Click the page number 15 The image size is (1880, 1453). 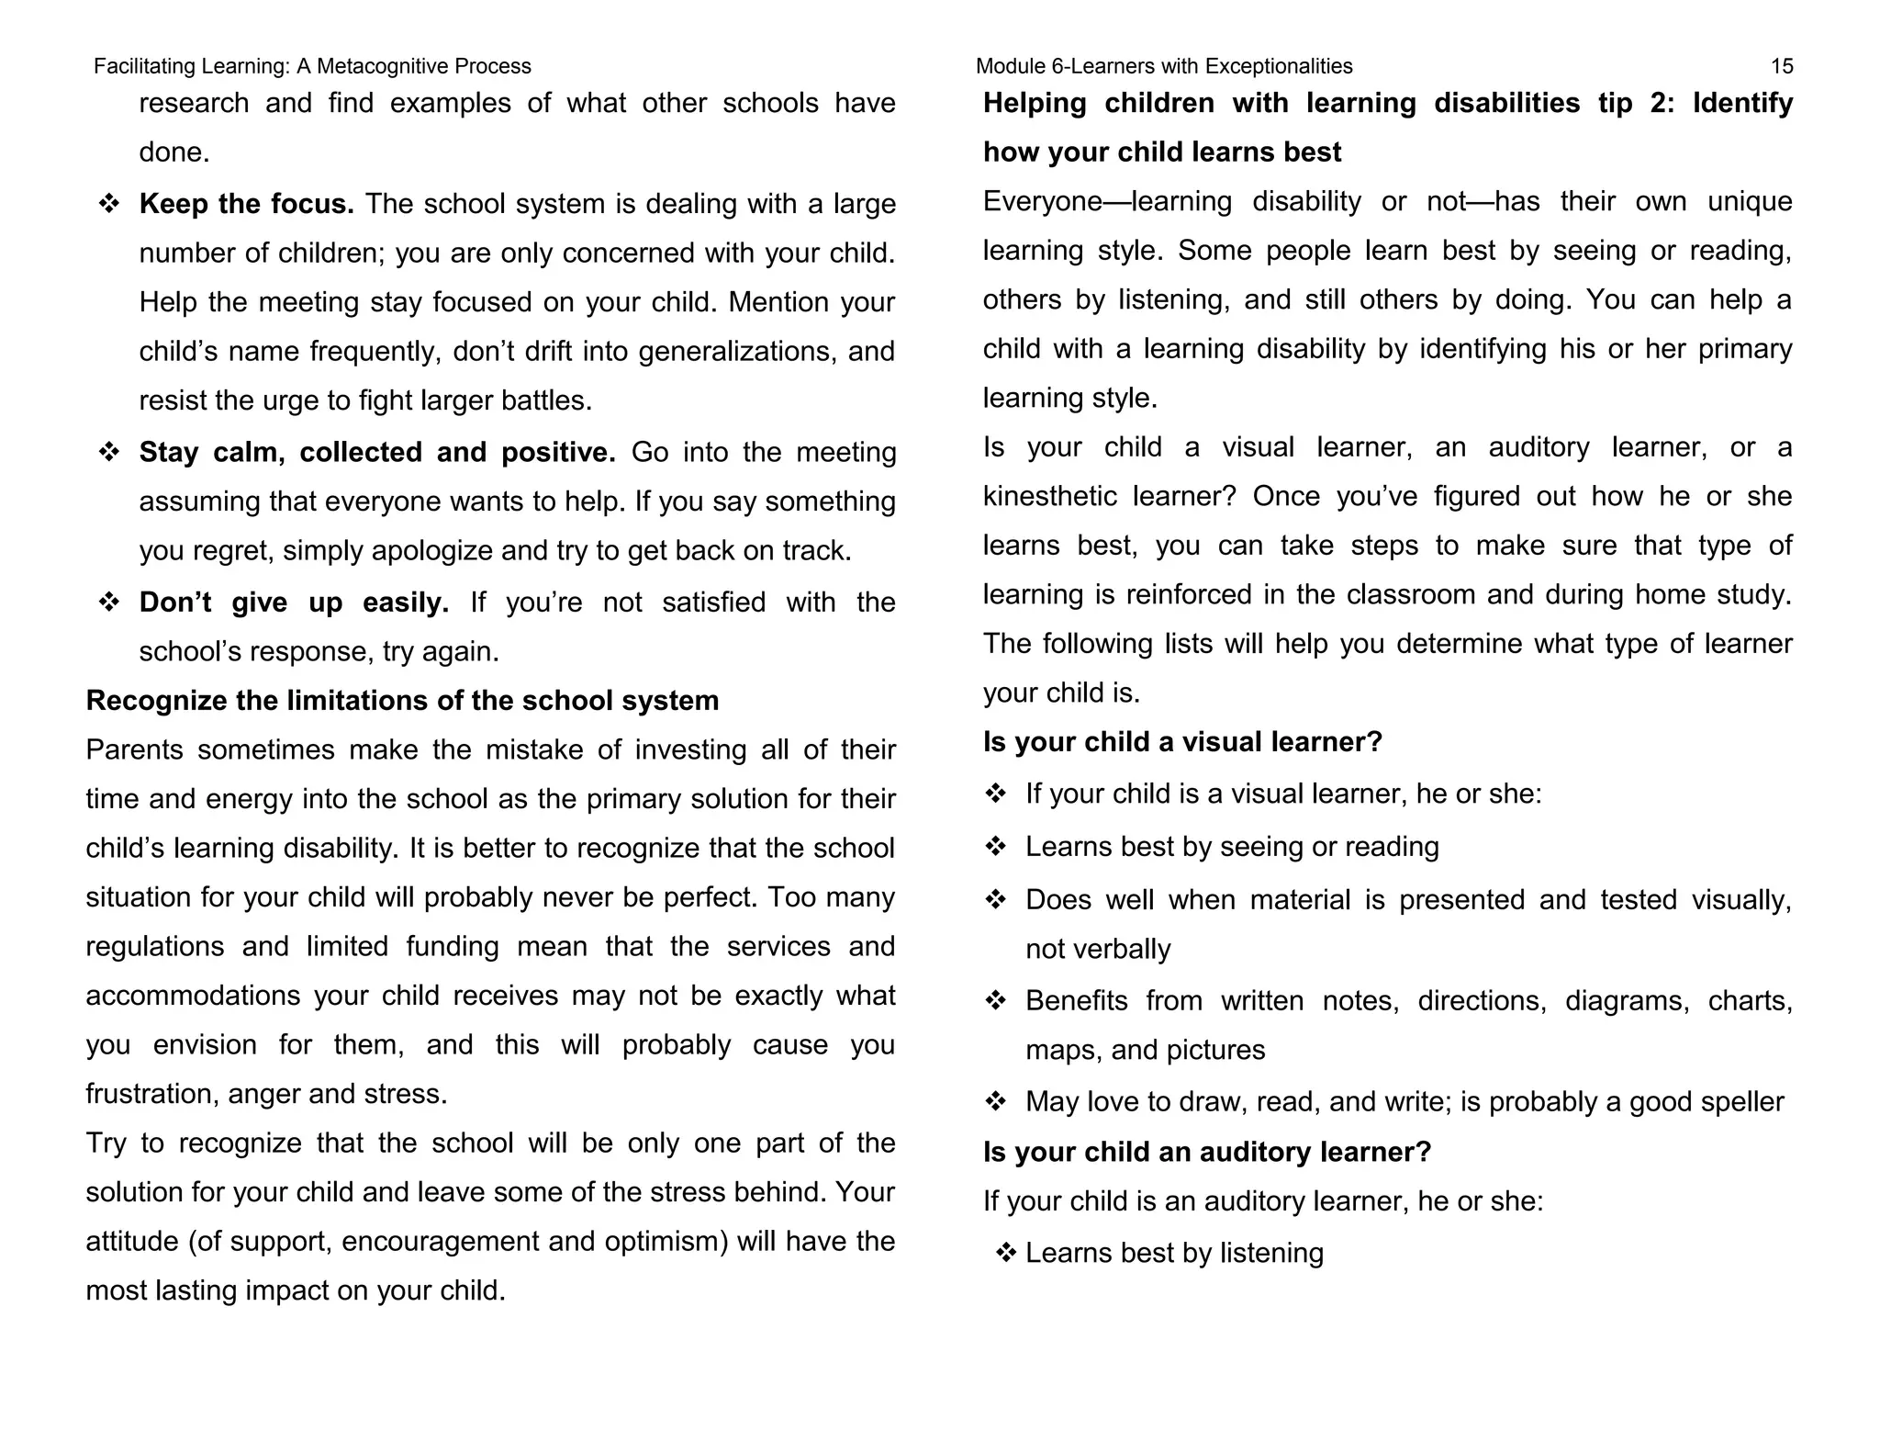(1781, 66)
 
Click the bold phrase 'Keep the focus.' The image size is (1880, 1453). (246, 203)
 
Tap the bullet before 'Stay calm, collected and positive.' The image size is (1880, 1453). (109, 452)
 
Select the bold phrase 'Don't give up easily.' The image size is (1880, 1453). (294, 602)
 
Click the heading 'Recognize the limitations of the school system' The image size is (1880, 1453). (402, 700)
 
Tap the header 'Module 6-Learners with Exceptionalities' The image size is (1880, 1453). (1163, 66)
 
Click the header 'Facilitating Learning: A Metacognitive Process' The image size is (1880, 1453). (312, 66)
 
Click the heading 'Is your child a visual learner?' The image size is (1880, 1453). (1181, 741)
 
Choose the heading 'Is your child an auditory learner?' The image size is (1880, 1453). (1206, 1151)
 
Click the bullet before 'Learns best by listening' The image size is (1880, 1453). (1006, 1253)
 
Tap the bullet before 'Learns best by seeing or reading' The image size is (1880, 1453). (996, 846)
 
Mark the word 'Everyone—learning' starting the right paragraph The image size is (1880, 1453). (1107, 201)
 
